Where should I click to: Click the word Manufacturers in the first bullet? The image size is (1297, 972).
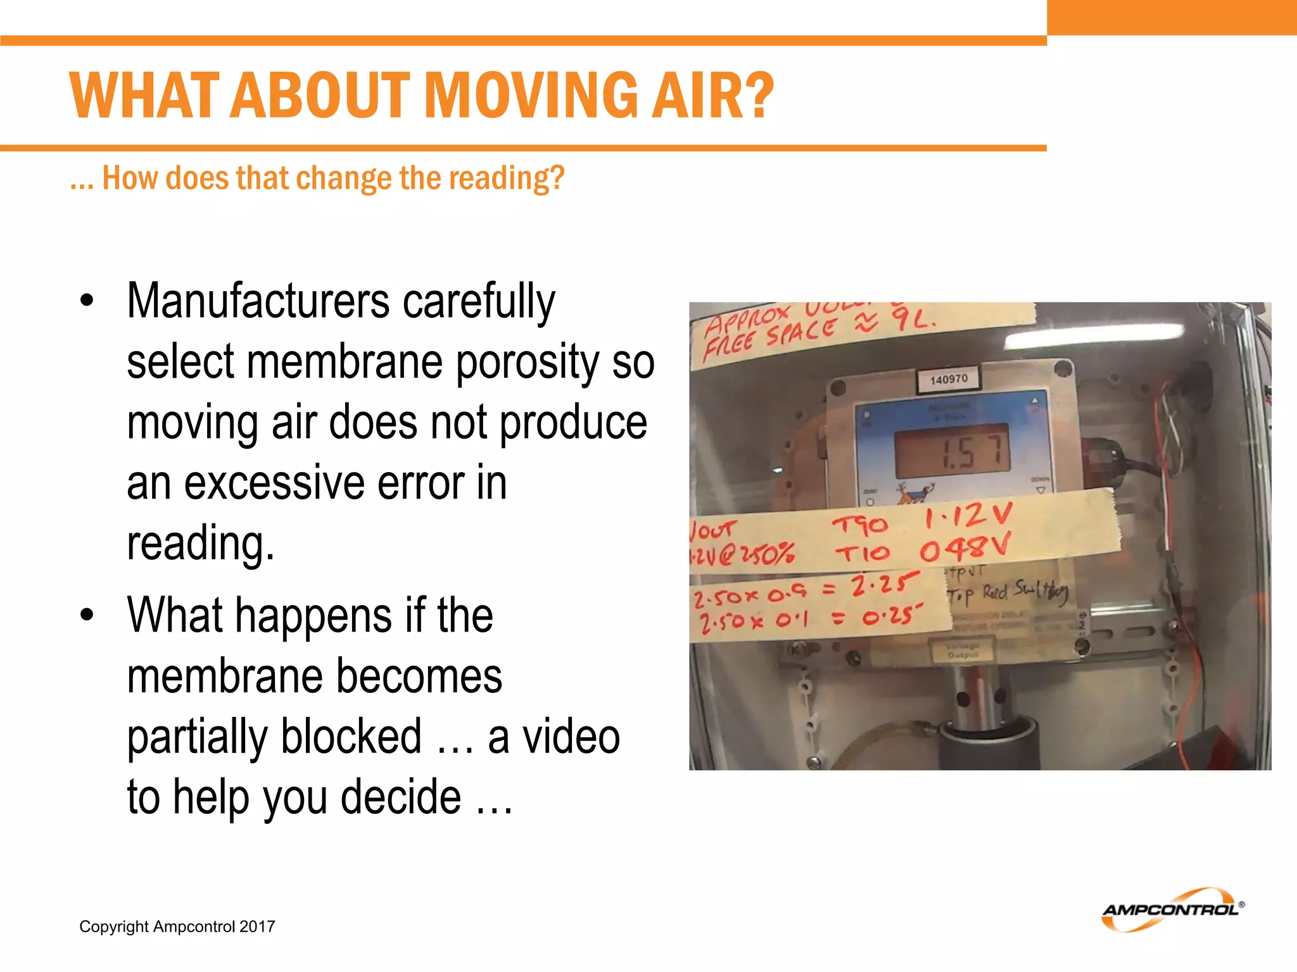pos(258,301)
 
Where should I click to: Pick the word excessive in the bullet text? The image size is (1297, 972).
pos(274,483)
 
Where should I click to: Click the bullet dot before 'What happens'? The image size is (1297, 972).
pos(87,614)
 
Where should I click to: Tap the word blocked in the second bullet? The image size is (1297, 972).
pos(351,737)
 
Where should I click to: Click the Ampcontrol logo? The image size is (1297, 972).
pos(1172,910)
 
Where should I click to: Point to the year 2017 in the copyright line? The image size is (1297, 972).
pos(258,926)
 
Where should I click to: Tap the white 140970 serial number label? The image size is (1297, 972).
pos(948,379)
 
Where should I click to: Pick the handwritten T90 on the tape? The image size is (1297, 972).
pos(860,525)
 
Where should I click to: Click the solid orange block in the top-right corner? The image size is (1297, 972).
pos(1172,17)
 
